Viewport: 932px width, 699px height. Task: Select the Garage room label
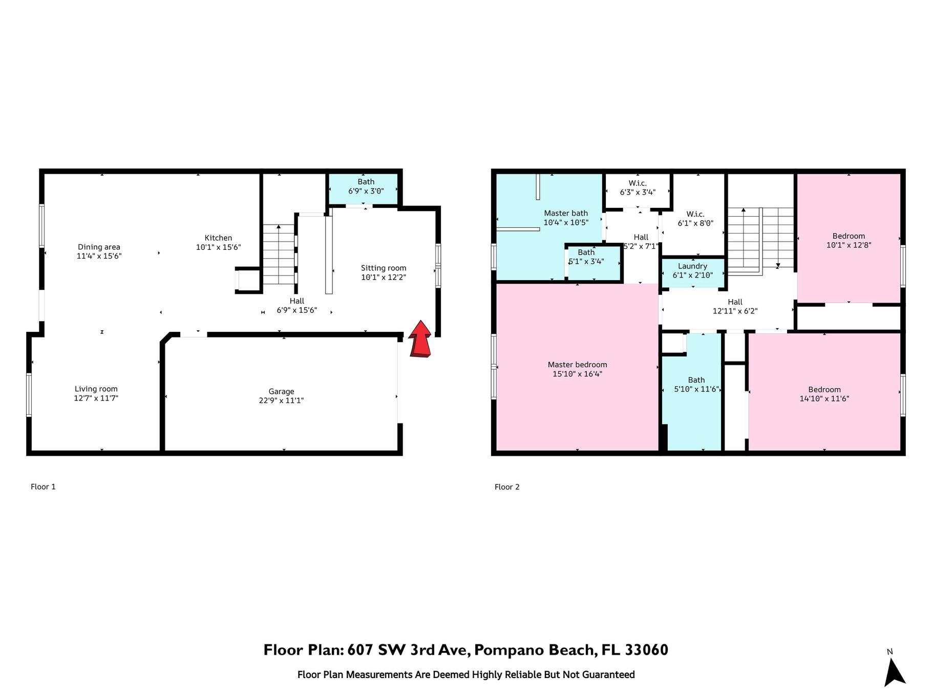pyautogui.click(x=281, y=392)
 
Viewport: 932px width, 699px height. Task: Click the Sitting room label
pyautogui.click(x=384, y=268)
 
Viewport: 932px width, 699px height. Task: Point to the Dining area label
pyautogui.click(x=99, y=247)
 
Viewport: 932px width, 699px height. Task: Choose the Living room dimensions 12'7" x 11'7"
pyautogui.click(x=96, y=398)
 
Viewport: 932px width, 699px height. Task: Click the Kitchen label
pyautogui.click(x=219, y=238)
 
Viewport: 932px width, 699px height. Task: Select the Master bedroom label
pyautogui.click(x=578, y=365)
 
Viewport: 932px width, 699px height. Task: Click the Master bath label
pyautogui.click(x=566, y=213)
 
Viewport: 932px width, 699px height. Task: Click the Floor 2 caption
pyautogui.click(x=507, y=487)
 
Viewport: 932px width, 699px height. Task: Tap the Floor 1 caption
pyautogui.click(x=43, y=487)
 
